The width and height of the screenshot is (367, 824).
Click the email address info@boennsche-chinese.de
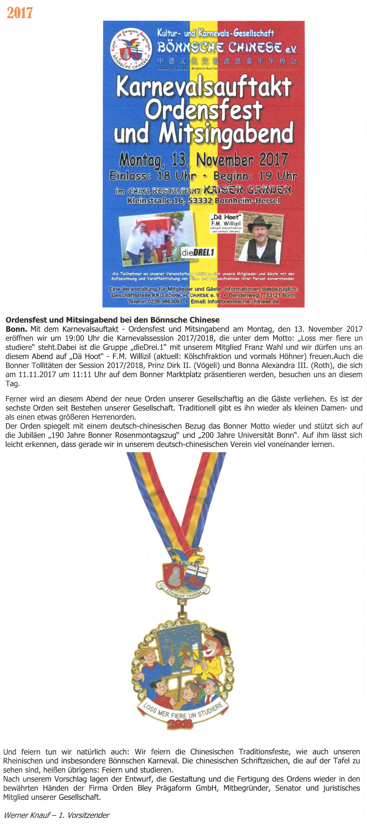235,301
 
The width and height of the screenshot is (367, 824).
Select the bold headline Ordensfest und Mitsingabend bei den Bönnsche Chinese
112,320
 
